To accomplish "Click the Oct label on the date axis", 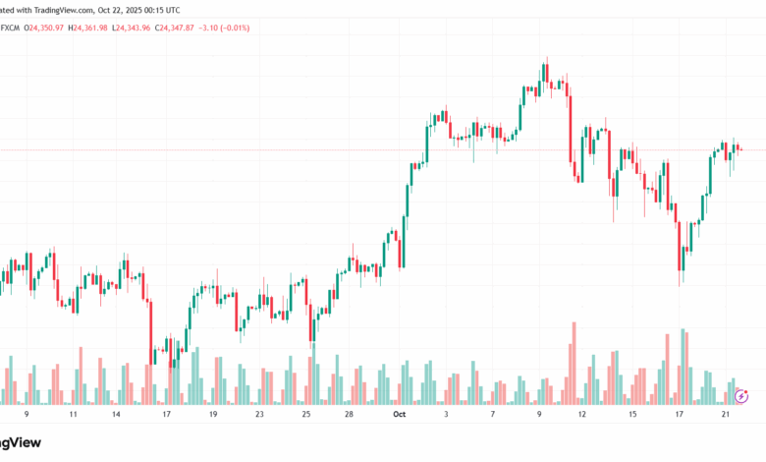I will pyautogui.click(x=399, y=416).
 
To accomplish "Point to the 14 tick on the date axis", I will pyautogui.click(x=116, y=416).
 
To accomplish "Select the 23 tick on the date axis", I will pyautogui.click(x=259, y=416).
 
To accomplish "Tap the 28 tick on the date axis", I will pyautogui.click(x=350, y=416).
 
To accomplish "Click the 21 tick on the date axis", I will pyautogui.click(x=724, y=416).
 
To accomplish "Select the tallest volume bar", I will pyautogui.click(x=571, y=363).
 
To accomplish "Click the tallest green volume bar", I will pyautogui.click(x=684, y=367).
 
